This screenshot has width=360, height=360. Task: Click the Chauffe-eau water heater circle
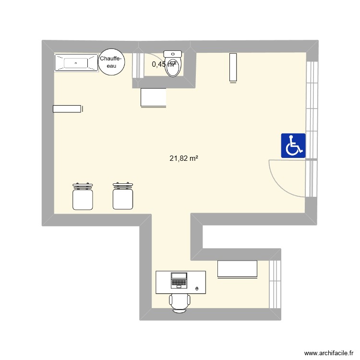point(111,62)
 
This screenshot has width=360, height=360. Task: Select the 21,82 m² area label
point(184,158)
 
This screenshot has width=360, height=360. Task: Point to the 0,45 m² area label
point(164,64)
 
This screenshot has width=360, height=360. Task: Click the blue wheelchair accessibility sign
point(293,145)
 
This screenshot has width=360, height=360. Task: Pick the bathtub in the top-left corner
point(75,63)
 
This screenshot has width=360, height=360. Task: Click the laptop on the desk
point(179,280)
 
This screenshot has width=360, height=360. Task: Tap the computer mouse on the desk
point(197,288)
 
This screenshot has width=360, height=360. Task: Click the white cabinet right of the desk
point(237,269)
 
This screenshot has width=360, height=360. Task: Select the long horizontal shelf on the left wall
point(68,109)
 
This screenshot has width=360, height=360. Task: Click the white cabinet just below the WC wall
point(153,97)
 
